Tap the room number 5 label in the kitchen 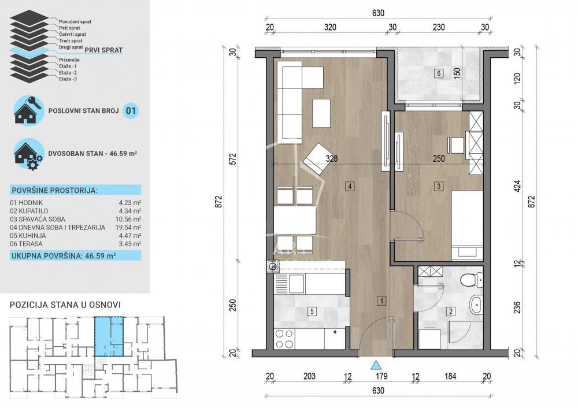[x=312, y=311]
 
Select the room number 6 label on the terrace [x=439, y=73]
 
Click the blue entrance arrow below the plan [x=376, y=365]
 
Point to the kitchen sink [x=295, y=283]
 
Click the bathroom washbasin [x=476, y=305]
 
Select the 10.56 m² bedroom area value [x=130, y=219]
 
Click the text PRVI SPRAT [x=107, y=50]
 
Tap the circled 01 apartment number [x=131, y=110]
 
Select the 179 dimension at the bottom [x=381, y=376]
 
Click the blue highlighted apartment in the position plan [x=109, y=336]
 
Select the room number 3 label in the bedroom [x=439, y=186]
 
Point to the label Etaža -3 [x=68, y=79]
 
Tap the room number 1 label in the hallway [x=381, y=301]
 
